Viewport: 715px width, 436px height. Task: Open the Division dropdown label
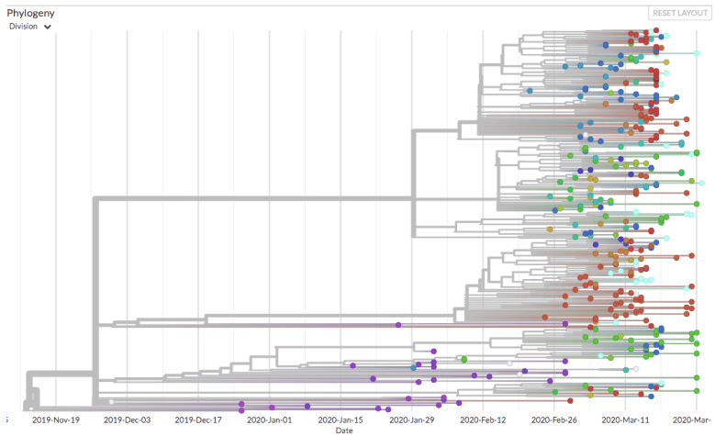(24, 27)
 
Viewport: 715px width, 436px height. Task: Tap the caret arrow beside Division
(47, 28)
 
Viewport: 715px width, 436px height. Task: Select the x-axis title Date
(343, 430)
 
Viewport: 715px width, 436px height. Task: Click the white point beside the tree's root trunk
(111, 402)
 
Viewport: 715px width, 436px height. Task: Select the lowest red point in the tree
(570, 400)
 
